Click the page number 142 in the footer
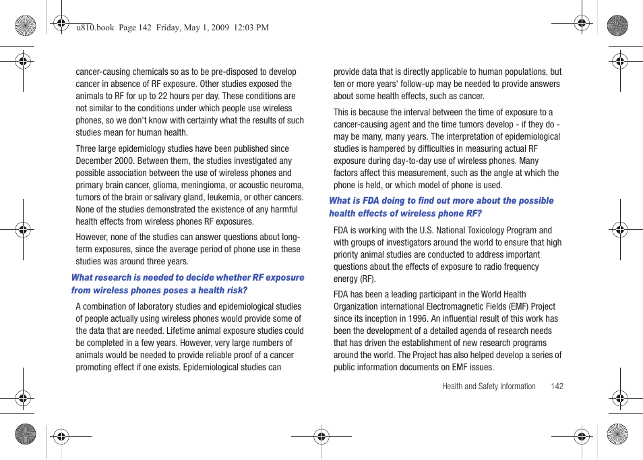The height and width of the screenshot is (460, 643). [556, 386]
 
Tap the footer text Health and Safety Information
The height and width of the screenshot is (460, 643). [489, 386]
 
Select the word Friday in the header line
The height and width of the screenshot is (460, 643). [171, 28]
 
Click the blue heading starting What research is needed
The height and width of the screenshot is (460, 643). [187, 284]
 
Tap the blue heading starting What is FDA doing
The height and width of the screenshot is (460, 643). [441, 207]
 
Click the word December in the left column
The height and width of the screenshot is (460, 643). [95, 161]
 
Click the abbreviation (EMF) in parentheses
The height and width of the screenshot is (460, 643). [515, 307]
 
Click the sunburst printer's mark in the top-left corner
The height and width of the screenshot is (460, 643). [25, 26]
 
